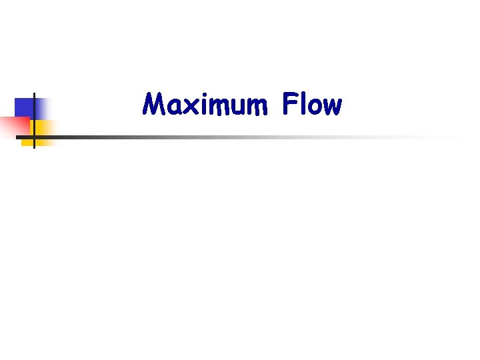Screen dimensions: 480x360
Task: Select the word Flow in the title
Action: pos(311,105)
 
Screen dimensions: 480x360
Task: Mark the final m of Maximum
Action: pos(254,107)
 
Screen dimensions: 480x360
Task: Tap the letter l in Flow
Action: pos(303,104)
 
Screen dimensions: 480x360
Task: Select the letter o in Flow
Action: pos(314,107)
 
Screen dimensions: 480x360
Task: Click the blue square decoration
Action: pos(25,107)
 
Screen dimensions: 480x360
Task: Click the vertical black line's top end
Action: pos(33,94)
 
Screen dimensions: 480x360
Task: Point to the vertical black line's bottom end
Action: pos(33,147)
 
